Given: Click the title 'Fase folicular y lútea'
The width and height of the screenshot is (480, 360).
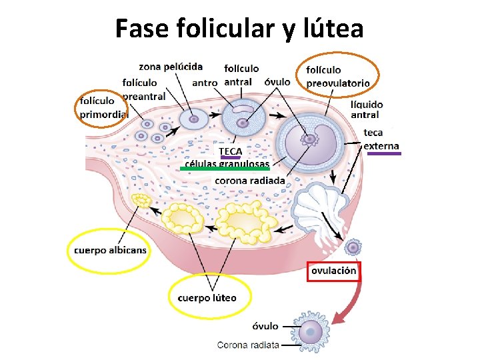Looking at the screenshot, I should click(239, 29).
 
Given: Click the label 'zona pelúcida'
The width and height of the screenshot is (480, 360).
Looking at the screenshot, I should click(171, 66).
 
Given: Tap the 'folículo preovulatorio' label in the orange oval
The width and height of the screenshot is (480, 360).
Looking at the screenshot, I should click(337, 76).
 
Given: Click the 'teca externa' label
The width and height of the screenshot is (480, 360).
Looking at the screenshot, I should click(382, 139).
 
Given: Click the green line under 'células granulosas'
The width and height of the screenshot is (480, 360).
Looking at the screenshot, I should click(225, 169).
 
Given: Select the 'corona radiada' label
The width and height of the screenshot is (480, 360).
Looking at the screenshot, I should click(249, 180).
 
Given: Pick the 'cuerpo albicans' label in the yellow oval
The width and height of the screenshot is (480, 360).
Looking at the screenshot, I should click(109, 251).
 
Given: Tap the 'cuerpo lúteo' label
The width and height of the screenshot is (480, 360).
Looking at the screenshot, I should click(207, 297).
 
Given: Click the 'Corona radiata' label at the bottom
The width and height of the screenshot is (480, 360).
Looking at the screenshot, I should click(248, 345).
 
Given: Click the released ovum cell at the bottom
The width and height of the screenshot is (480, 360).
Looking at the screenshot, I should click(310, 333).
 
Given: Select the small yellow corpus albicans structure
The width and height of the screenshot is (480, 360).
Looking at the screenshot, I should click(141, 200).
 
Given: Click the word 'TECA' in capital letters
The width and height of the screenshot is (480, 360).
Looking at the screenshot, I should click(231, 151).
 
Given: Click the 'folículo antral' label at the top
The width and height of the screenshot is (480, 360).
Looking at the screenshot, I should click(241, 75).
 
